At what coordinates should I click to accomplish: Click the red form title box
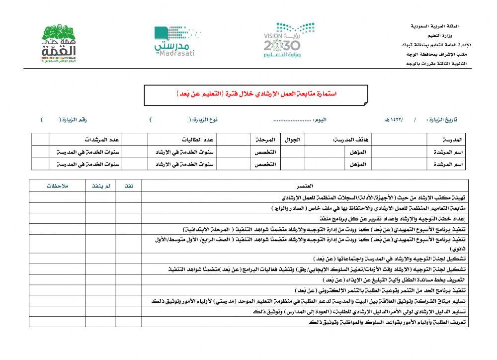256,94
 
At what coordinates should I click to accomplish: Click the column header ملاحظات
57,186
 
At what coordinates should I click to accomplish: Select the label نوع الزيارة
206,120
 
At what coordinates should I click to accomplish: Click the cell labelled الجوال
293,139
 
